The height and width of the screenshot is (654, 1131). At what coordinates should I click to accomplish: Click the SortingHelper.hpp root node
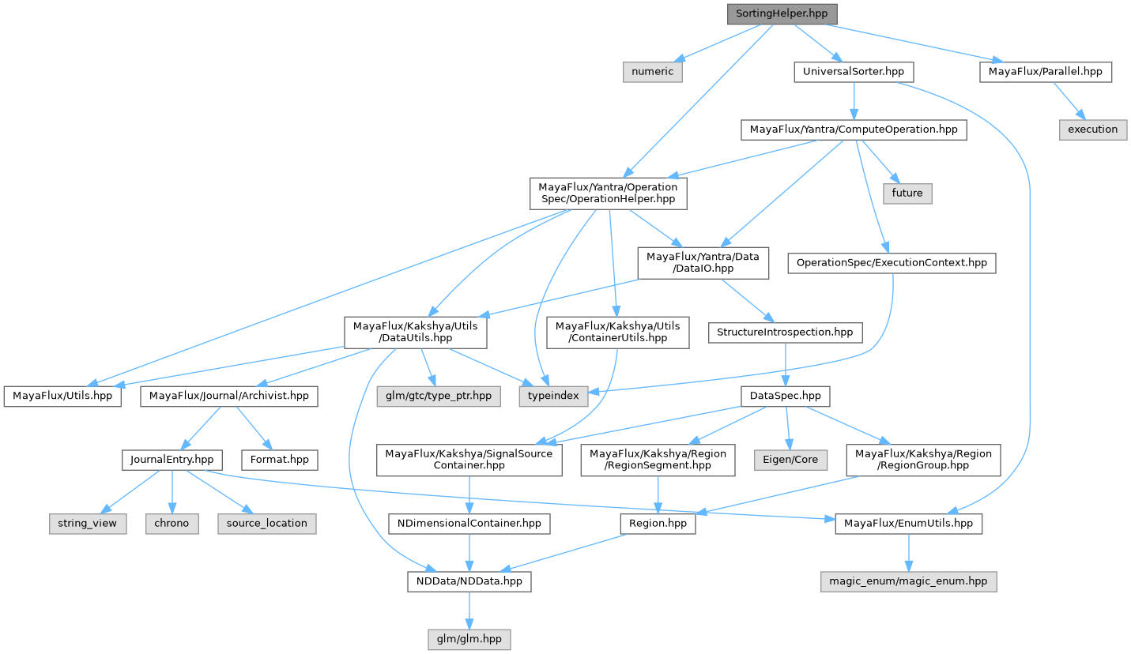point(782,14)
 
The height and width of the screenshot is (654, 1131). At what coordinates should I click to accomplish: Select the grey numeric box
point(653,72)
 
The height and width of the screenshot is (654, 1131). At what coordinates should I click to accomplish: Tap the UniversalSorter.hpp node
point(854,72)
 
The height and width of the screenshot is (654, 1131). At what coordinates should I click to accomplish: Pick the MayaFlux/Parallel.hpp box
point(1046,72)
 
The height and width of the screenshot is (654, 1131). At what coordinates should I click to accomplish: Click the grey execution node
point(1093,130)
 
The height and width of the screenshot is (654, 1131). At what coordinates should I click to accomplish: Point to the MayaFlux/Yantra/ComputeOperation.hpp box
point(854,130)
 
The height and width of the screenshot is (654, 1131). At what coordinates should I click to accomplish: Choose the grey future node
point(907,193)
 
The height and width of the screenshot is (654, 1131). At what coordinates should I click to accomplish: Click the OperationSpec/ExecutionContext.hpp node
point(892,263)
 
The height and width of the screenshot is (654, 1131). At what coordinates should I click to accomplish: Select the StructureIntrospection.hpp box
point(785,333)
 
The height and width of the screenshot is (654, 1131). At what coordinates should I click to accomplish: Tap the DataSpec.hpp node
point(785,396)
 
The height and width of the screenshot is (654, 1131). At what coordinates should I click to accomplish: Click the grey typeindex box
point(553,396)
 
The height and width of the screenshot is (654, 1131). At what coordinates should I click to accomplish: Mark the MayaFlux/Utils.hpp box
point(63,396)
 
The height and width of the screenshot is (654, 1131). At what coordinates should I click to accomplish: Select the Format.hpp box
point(280,460)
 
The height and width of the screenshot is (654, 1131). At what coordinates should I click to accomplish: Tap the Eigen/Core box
point(790,460)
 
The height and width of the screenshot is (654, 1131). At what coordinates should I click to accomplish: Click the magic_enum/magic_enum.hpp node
point(908,582)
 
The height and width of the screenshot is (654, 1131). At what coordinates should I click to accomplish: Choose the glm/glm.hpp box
point(469,639)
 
